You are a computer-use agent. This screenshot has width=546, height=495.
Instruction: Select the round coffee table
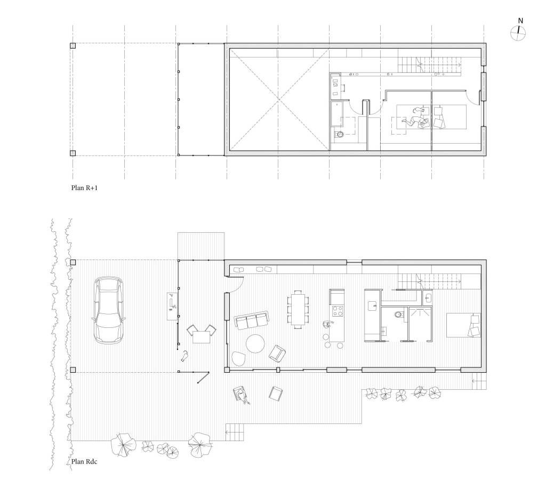(x=255, y=343)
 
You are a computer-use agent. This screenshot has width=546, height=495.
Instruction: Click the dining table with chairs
(x=298, y=309)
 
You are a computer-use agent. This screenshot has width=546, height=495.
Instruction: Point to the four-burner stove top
(x=337, y=311)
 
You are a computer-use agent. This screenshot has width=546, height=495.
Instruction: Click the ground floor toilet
(x=398, y=315)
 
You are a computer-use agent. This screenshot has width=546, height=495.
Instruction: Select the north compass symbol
(x=518, y=34)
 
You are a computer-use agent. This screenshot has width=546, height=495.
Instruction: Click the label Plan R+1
(x=84, y=187)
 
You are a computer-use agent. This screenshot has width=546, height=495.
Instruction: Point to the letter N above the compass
(x=520, y=21)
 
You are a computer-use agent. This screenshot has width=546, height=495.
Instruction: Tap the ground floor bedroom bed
(x=463, y=325)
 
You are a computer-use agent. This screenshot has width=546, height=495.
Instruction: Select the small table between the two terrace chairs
(x=201, y=337)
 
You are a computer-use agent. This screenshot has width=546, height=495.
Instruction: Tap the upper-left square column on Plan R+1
(x=73, y=45)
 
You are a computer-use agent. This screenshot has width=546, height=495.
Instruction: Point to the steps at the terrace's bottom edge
(x=235, y=432)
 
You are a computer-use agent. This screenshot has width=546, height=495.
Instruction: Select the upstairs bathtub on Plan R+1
(x=336, y=114)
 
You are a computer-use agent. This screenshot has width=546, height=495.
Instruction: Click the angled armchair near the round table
(x=277, y=353)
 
